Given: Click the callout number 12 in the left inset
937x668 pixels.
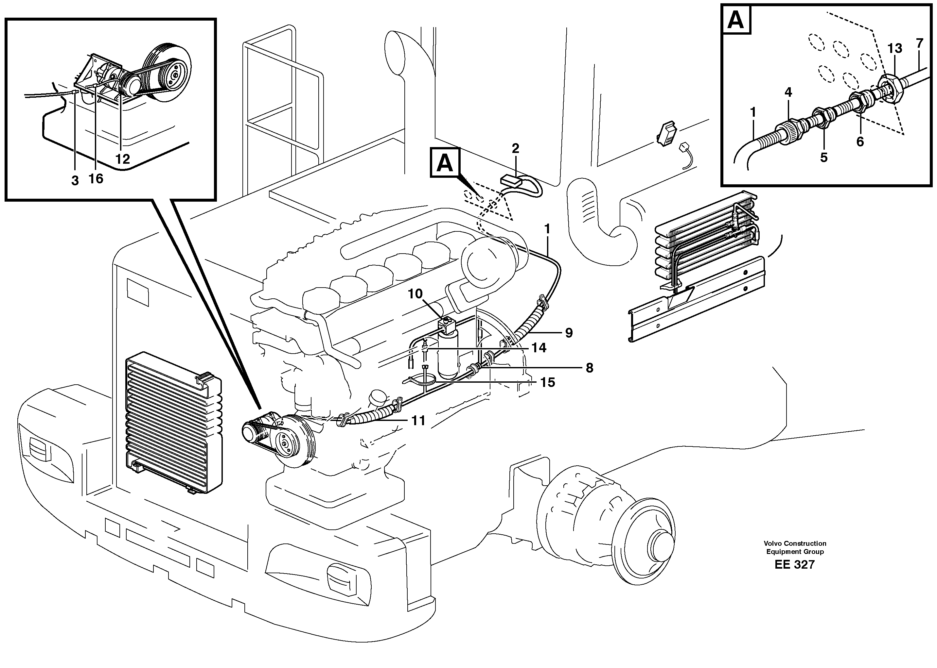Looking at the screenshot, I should click(x=123, y=159).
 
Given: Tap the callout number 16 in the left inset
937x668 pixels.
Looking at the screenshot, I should click(x=96, y=178).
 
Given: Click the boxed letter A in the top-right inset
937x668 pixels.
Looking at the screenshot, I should click(x=736, y=20).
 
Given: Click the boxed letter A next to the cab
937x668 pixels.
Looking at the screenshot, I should click(x=445, y=163).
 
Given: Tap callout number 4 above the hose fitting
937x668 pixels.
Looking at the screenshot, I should click(x=788, y=92).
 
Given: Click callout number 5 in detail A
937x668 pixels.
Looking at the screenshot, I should click(x=823, y=158).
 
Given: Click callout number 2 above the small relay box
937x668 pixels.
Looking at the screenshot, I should click(x=515, y=148).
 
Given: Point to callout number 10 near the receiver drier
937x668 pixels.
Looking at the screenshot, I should click(x=415, y=294).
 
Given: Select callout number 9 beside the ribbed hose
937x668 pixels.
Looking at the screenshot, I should click(x=569, y=333).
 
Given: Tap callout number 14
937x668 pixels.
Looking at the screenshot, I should click(x=539, y=348).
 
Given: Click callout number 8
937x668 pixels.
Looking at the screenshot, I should click(x=589, y=368).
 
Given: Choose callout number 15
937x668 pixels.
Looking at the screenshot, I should click(x=548, y=383).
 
